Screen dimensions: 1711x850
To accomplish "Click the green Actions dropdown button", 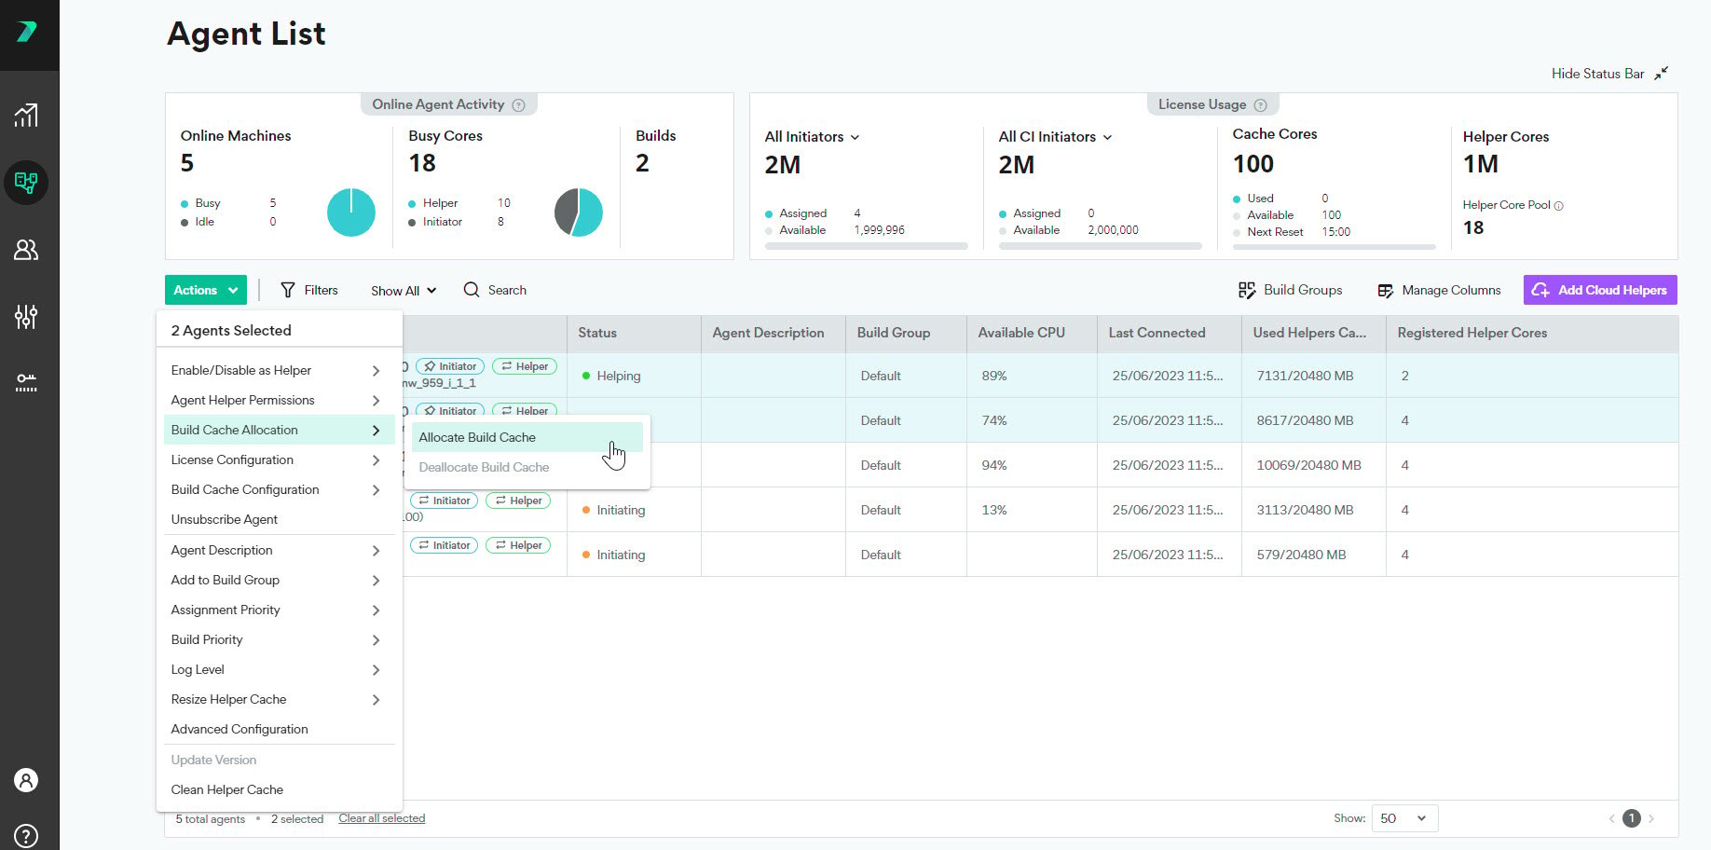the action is point(206,290).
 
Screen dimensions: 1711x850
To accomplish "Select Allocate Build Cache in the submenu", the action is point(477,437).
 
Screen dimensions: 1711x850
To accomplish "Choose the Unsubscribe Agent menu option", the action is point(225,519).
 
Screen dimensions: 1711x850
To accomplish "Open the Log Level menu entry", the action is point(198,669).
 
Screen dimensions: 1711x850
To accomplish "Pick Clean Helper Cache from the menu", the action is point(227,789).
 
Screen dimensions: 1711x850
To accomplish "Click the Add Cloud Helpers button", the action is point(1600,290).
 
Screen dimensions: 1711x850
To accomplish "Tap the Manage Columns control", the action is point(1439,290).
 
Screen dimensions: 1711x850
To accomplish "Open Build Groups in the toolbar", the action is point(1290,290).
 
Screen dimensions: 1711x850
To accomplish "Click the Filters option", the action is point(309,290).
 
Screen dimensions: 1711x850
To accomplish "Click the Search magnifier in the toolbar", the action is point(472,290).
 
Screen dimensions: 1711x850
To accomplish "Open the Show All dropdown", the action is point(404,291).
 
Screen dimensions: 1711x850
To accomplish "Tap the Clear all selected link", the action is point(382,818).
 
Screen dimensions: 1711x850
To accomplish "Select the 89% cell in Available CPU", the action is point(994,376).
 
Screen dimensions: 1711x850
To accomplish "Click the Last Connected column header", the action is point(1157,333).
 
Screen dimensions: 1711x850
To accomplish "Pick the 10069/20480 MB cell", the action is point(1308,465).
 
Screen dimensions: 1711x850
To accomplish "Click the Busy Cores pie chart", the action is point(579,212).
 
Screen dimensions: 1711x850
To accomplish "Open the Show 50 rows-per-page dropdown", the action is point(1403,818).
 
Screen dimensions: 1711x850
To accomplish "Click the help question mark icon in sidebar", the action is point(26,835).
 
